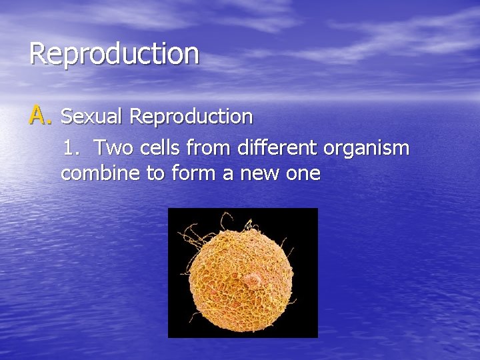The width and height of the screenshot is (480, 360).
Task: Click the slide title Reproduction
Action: coord(114,53)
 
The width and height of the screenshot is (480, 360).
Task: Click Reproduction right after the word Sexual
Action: coord(191,117)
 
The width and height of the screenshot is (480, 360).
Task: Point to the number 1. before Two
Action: coord(71,147)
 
